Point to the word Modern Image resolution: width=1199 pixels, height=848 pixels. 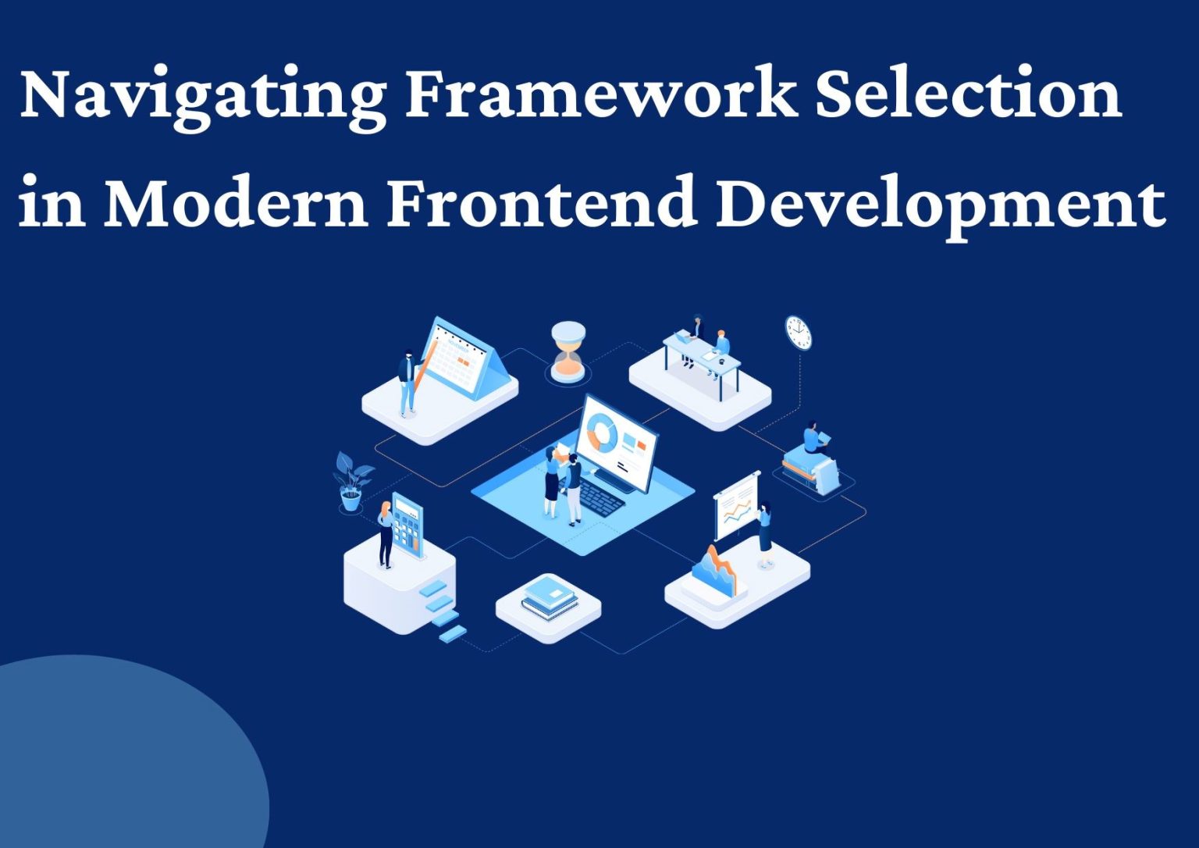click(236, 201)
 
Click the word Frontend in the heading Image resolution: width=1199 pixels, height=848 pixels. click(542, 201)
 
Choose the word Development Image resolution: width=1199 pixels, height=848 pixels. click(941, 205)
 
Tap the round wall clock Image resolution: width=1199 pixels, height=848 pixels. click(799, 332)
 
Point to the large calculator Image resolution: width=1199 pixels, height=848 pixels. click(407, 522)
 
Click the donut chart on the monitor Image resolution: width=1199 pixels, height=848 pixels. click(602, 432)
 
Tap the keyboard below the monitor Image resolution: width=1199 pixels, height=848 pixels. click(601, 496)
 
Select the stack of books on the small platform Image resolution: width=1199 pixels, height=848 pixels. click(550, 597)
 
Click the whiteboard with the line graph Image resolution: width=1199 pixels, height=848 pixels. click(736, 506)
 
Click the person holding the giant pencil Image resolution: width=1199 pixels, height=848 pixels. click(407, 383)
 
